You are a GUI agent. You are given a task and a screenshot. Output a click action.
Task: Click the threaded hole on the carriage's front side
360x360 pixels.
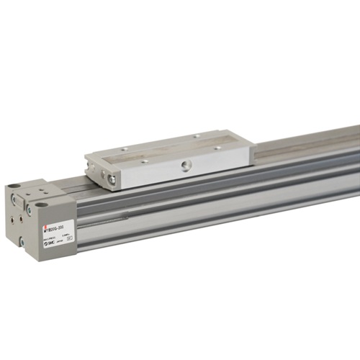(187, 166)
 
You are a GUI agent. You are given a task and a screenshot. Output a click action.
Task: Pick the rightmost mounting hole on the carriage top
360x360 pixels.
(217, 148)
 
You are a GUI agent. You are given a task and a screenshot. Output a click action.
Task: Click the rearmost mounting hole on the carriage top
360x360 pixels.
(196, 135)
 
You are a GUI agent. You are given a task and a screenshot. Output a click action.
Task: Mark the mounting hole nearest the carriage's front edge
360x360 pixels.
(145, 161)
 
